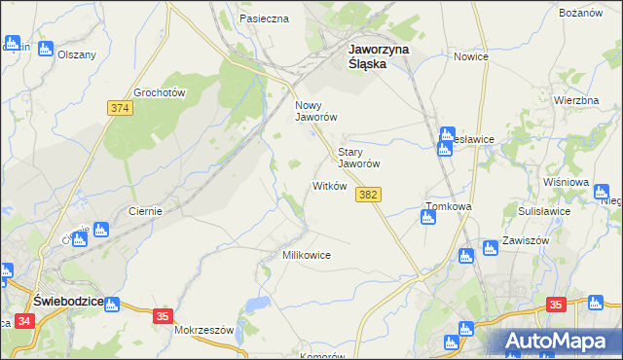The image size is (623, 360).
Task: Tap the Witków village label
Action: click(x=329, y=186)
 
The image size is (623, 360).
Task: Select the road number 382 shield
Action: click(x=368, y=196)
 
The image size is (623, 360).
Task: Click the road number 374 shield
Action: click(x=121, y=108)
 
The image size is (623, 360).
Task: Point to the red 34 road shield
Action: click(x=24, y=334)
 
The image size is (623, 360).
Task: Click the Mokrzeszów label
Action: click(x=204, y=330)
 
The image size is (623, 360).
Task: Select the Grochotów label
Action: click(x=160, y=92)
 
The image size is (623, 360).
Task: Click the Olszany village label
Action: click(x=77, y=55)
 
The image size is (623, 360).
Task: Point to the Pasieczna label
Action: click(x=264, y=18)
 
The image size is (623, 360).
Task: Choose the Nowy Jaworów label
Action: click(x=315, y=111)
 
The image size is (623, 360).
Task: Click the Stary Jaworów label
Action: click(x=358, y=159)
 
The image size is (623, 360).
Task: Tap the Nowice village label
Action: click(x=470, y=56)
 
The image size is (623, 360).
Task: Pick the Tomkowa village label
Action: click(x=449, y=207)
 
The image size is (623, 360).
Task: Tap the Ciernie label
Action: click(x=145, y=210)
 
